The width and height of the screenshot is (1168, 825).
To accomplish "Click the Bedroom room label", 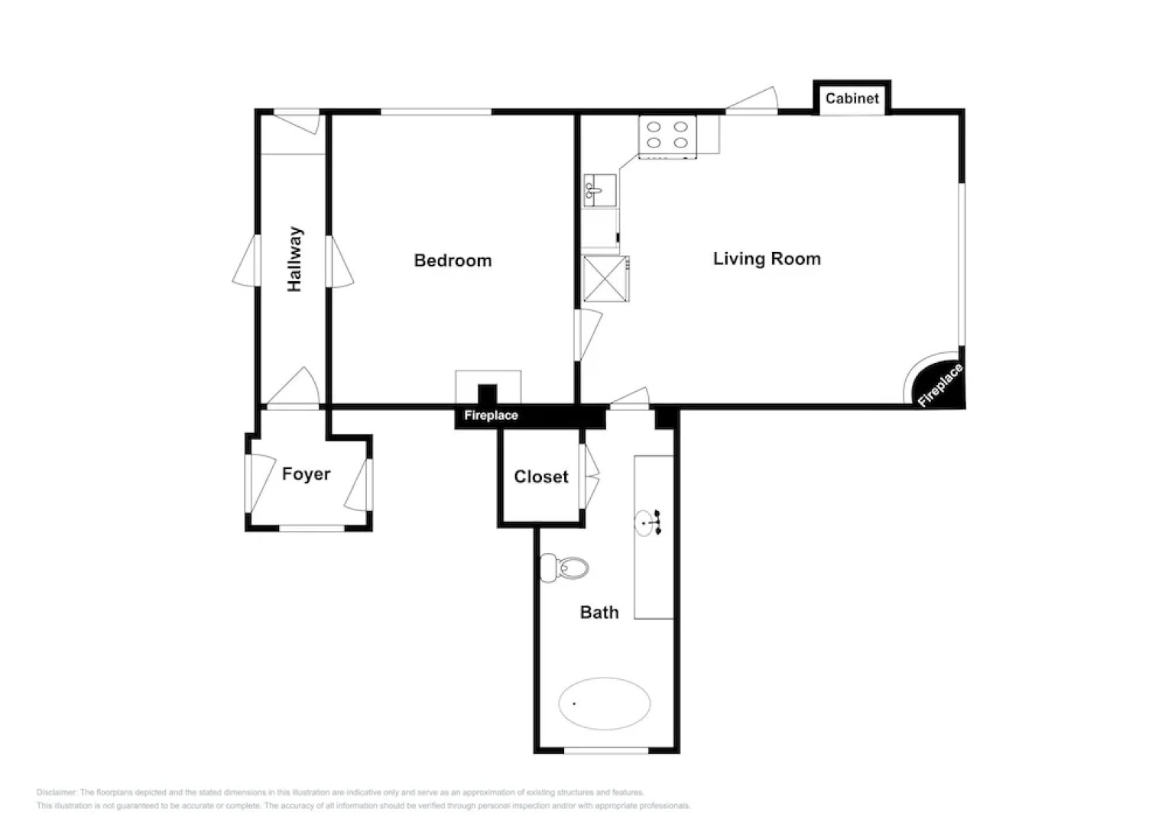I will coord(453,260).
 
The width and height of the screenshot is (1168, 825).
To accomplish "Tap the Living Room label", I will coord(767,259).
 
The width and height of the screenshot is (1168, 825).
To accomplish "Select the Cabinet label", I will coord(852,99).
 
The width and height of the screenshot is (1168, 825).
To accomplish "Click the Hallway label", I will coord(295,259).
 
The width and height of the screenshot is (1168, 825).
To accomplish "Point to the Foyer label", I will coord(306,474).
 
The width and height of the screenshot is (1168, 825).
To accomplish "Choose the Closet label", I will coord(540,477).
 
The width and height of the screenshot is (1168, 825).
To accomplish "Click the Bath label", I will coord(599,613).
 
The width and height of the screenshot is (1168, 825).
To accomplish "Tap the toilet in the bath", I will coord(565,568).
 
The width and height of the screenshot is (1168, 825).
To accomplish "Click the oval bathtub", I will coord(604,704).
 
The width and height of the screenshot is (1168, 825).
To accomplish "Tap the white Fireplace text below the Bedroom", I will coord(491,416).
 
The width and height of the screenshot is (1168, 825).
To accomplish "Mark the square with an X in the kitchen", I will coord(605,280).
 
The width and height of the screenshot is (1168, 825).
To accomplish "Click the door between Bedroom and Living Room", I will coord(587,335).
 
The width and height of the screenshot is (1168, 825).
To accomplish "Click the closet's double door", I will coord(589,477).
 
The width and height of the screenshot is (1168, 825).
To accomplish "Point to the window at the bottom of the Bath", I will coord(605,751).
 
